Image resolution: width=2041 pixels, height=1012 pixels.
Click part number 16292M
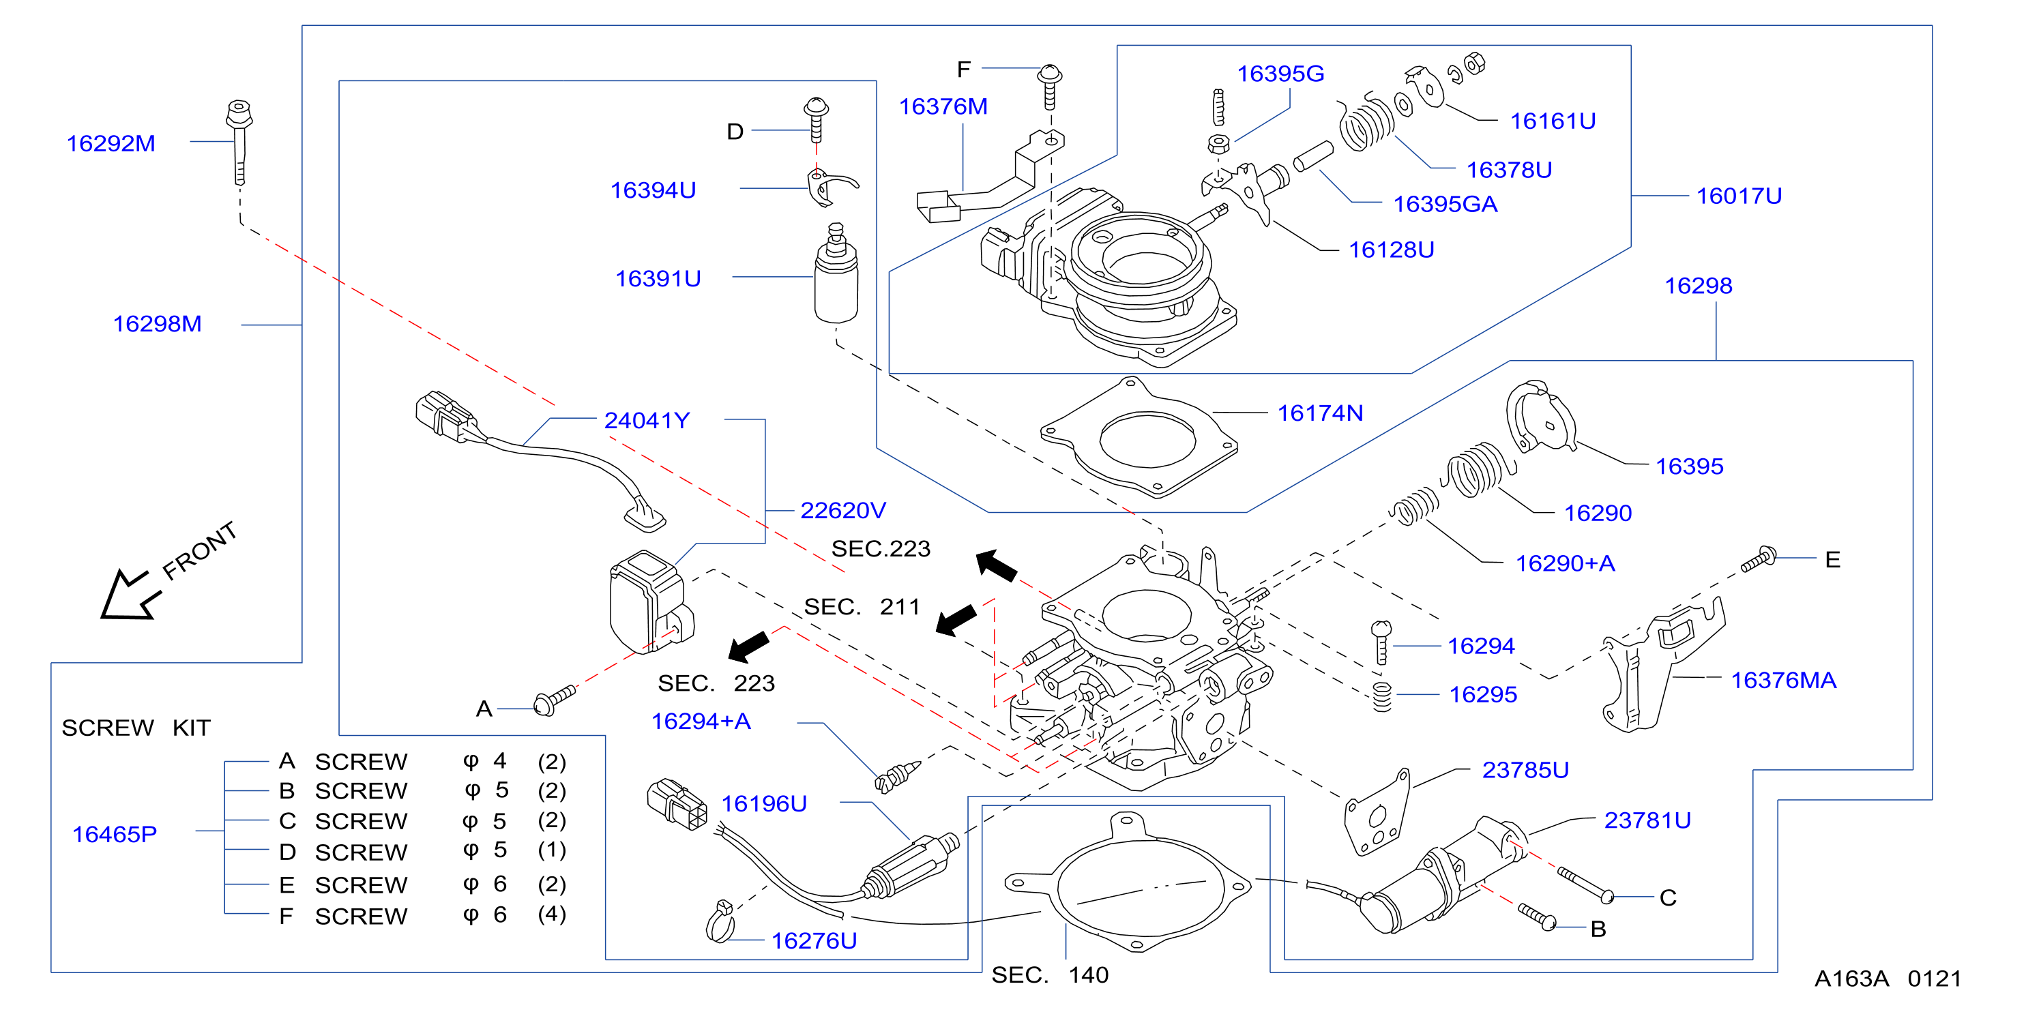(x=111, y=143)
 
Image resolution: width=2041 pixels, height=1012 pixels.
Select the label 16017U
(x=1739, y=196)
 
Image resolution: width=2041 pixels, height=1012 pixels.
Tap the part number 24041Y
(x=647, y=421)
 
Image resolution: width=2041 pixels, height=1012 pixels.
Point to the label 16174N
(x=1320, y=413)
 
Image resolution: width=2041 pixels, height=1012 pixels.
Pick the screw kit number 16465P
(x=115, y=835)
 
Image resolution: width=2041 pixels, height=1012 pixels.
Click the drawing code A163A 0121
(x=1888, y=979)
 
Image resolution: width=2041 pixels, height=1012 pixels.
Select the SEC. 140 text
(x=1050, y=974)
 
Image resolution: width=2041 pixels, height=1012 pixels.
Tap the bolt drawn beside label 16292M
(x=239, y=142)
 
